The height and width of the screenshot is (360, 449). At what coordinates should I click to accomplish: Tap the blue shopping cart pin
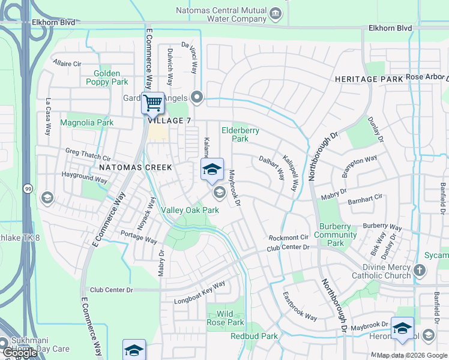(x=153, y=103)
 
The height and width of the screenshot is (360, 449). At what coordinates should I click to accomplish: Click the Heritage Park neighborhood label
(x=369, y=79)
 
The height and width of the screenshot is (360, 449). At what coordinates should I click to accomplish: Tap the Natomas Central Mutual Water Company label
(x=221, y=14)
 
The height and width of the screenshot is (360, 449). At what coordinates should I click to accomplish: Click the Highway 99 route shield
(x=28, y=189)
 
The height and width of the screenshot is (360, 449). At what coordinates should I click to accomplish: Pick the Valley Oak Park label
(x=190, y=210)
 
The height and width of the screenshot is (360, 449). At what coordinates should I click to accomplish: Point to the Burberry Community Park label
(x=336, y=235)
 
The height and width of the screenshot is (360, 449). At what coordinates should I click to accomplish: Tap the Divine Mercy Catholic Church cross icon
(x=420, y=271)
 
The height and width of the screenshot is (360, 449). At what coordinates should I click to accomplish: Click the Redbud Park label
(x=254, y=336)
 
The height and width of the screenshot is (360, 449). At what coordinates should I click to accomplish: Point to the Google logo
(x=19, y=353)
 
